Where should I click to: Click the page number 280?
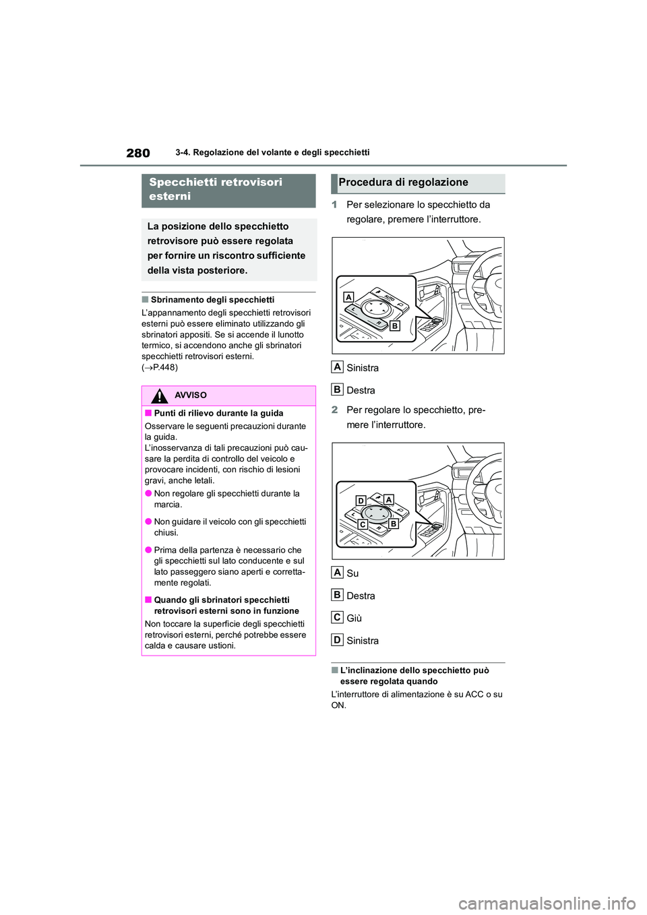coord(138,153)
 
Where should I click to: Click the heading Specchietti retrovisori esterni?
coord(215,189)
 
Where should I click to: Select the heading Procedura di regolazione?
coord(403,183)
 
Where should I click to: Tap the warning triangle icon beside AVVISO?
coord(159,396)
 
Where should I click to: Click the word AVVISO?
coord(191,396)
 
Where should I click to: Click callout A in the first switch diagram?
coord(348,297)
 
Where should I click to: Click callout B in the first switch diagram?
coord(395,325)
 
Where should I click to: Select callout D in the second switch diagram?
coord(361,501)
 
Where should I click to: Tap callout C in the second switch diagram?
coord(363,524)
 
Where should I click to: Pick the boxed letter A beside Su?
coord(338,573)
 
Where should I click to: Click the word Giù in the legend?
coord(354,618)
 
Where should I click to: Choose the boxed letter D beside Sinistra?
coord(338,640)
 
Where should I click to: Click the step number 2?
coord(334,410)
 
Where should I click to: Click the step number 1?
coord(334,205)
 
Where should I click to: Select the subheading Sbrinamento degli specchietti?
coord(212,300)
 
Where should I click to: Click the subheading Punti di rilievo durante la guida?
coord(218,413)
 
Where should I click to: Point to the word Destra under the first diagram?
coord(361,390)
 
